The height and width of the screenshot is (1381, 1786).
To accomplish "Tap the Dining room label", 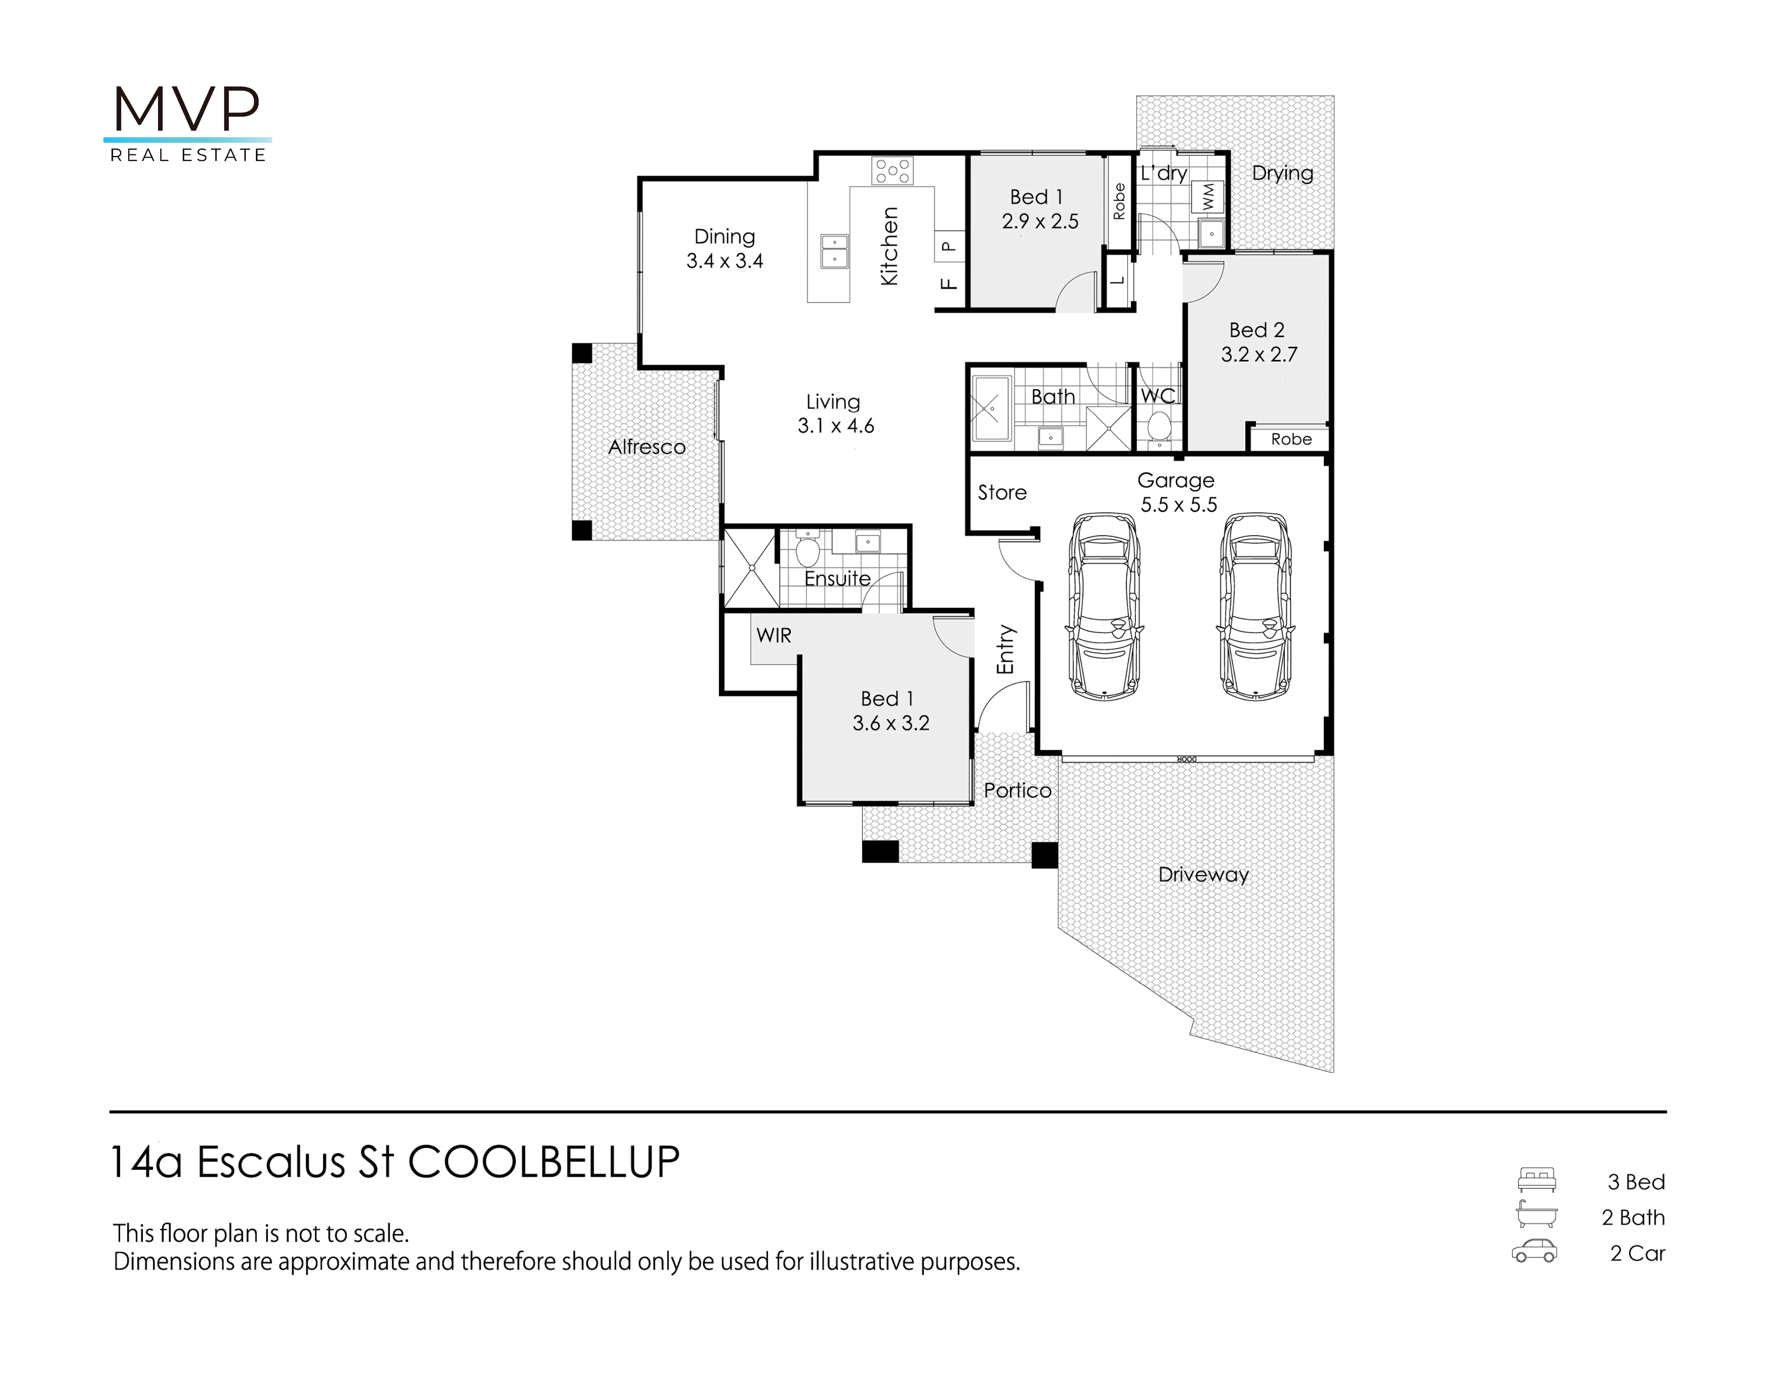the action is (x=725, y=237).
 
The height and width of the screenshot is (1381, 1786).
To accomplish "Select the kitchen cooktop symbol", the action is (x=892, y=171).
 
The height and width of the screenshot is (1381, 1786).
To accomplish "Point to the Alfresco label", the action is (x=647, y=447).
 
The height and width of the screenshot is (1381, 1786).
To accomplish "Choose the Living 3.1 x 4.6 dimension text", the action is (x=836, y=426).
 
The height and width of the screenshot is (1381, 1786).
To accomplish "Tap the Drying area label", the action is (x=1282, y=173).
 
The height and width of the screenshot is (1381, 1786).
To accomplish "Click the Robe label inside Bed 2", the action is (x=1291, y=439).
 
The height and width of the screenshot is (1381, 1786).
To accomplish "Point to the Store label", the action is (x=1002, y=492).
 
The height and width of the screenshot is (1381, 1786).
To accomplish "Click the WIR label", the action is (x=773, y=636).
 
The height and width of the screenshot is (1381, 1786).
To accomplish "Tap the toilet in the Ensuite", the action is (x=807, y=549).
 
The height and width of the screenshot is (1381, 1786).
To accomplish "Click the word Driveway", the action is (x=1204, y=875).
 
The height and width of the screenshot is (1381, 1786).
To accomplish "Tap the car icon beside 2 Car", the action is (x=1534, y=1252).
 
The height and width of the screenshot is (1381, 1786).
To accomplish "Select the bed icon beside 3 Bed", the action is (x=1537, y=1180).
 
